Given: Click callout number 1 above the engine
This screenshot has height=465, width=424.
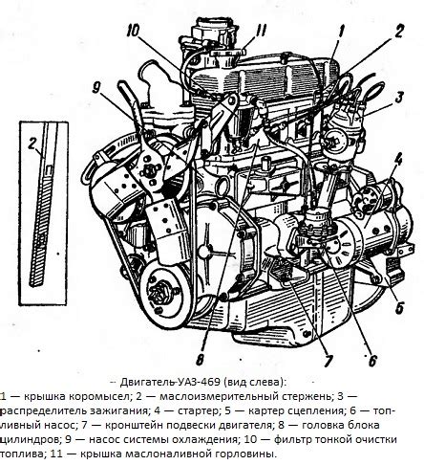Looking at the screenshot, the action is [x=341, y=33].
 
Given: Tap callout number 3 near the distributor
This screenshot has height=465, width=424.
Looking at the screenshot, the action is [x=399, y=99].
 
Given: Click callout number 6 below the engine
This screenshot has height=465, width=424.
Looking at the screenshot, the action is [x=372, y=361].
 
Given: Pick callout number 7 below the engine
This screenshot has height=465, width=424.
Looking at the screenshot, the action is [x=328, y=361].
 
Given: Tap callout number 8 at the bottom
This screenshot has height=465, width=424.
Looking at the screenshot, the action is [x=200, y=361].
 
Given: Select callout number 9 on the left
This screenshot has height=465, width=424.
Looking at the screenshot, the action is [x=96, y=87].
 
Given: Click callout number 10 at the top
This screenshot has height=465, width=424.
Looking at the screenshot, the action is [x=133, y=32].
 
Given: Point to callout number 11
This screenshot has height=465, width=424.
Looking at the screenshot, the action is [x=260, y=31].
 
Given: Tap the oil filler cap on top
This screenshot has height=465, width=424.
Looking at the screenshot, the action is [x=226, y=52].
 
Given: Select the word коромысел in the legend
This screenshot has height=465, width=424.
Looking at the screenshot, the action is [x=99, y=396].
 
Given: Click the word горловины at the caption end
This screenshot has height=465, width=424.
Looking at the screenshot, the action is [x=244, y=454].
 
